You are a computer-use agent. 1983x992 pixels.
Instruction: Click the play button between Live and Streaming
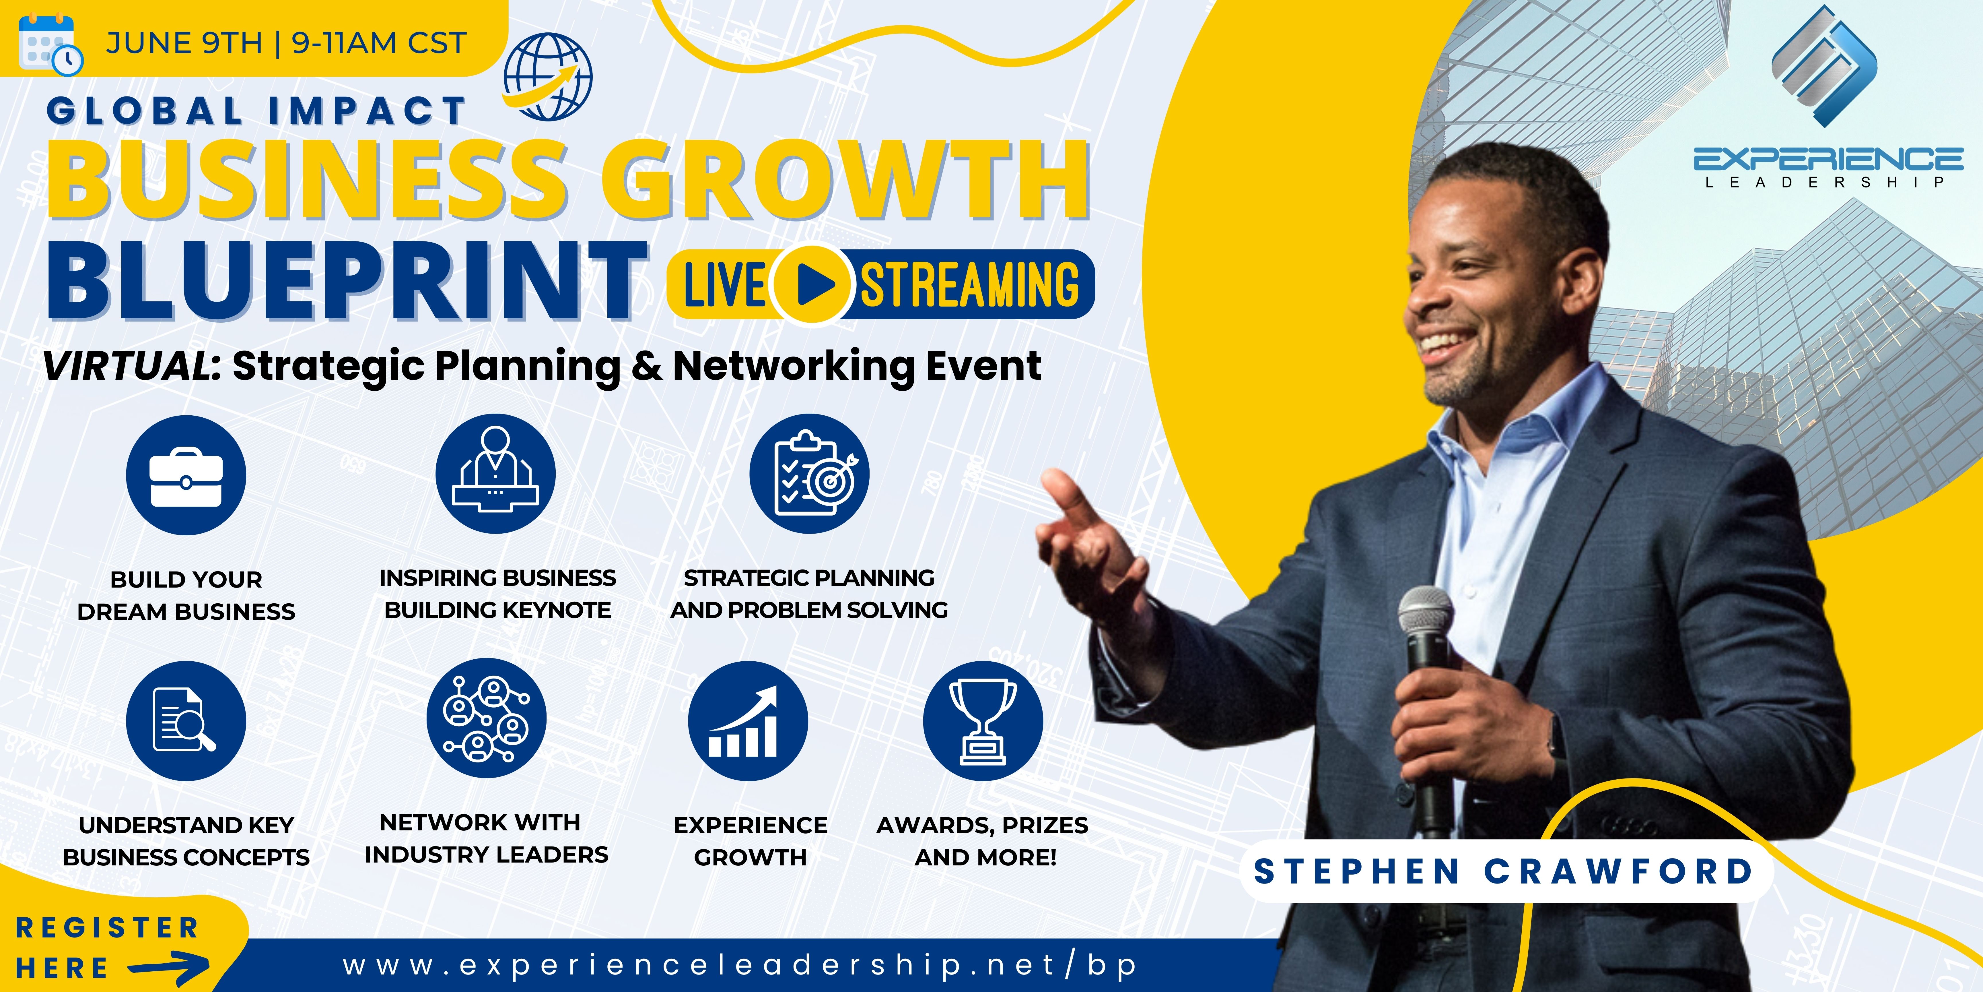coord(812,284)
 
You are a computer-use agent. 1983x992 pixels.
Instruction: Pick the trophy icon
coord(983,721)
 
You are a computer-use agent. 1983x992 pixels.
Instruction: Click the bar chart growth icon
coord(747,721)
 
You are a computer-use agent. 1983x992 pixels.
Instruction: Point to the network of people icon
coord(487,718)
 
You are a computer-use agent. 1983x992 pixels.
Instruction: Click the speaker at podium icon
coord(495,474)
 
